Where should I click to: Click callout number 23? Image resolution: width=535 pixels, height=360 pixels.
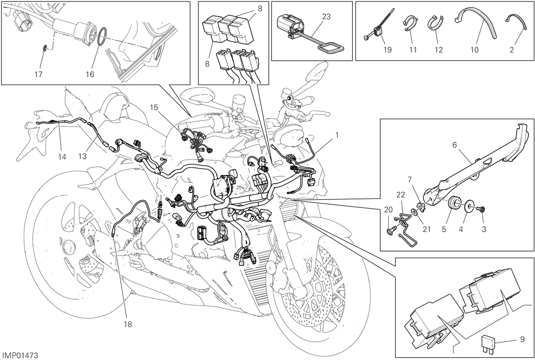(326, 17)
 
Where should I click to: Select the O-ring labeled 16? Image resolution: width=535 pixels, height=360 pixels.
(102, 36)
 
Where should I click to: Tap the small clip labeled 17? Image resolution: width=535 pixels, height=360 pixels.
(45, 49)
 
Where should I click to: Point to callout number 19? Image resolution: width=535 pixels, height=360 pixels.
(387, 50)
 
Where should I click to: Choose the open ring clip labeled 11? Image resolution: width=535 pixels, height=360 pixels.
(410, 23)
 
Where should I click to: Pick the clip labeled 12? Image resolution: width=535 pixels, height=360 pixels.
(436, 23)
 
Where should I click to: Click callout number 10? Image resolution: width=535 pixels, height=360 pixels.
(474, 50)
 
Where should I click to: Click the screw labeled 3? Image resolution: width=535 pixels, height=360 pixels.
(481, 210)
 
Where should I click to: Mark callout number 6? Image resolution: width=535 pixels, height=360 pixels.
(454, 145)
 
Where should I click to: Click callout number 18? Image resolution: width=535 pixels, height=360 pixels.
(128, 324)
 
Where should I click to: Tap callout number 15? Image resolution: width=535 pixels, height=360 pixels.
(154, 108)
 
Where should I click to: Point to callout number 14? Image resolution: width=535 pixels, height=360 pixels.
(62, 157)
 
